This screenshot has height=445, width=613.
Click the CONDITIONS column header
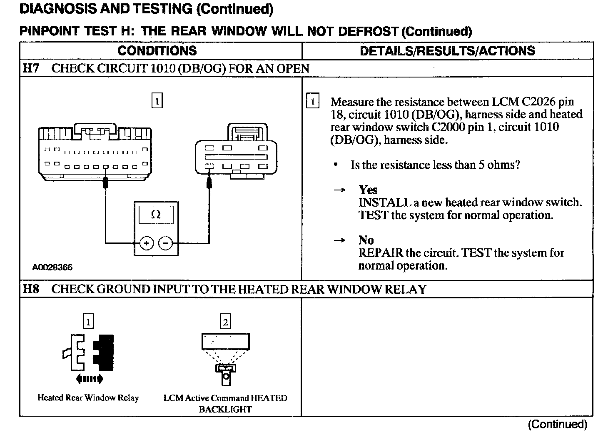tap(157, 51)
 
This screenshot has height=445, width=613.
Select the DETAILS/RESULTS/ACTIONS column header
tap(447, 51)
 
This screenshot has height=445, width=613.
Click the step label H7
tap(31, 68)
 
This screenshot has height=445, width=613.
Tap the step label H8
tap(31, 289)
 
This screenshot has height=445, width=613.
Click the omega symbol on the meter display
tap(156, 215)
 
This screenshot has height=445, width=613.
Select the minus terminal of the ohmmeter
tap(166, 242)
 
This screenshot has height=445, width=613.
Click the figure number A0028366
tap(52, 267)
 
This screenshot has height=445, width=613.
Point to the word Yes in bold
tap(368, 190)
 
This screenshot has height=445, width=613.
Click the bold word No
tap(366, 240)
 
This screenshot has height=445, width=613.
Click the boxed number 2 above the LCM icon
tap(225, 322)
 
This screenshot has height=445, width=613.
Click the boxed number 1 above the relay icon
tap(88, 322)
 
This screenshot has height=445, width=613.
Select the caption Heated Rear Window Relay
tap(88, 398)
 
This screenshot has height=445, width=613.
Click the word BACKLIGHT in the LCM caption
tap(225, 410)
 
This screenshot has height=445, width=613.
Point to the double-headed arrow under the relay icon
tap(89, 379)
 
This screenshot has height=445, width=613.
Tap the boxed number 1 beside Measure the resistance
tap(312, 102)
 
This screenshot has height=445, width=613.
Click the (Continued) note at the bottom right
tap(557, 425)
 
